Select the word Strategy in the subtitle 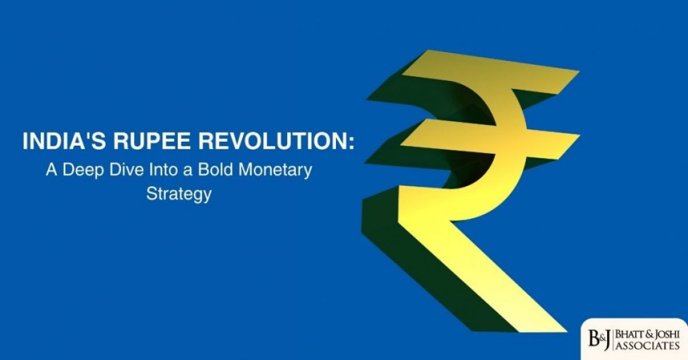[179, 193]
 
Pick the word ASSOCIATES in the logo [648, 347]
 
